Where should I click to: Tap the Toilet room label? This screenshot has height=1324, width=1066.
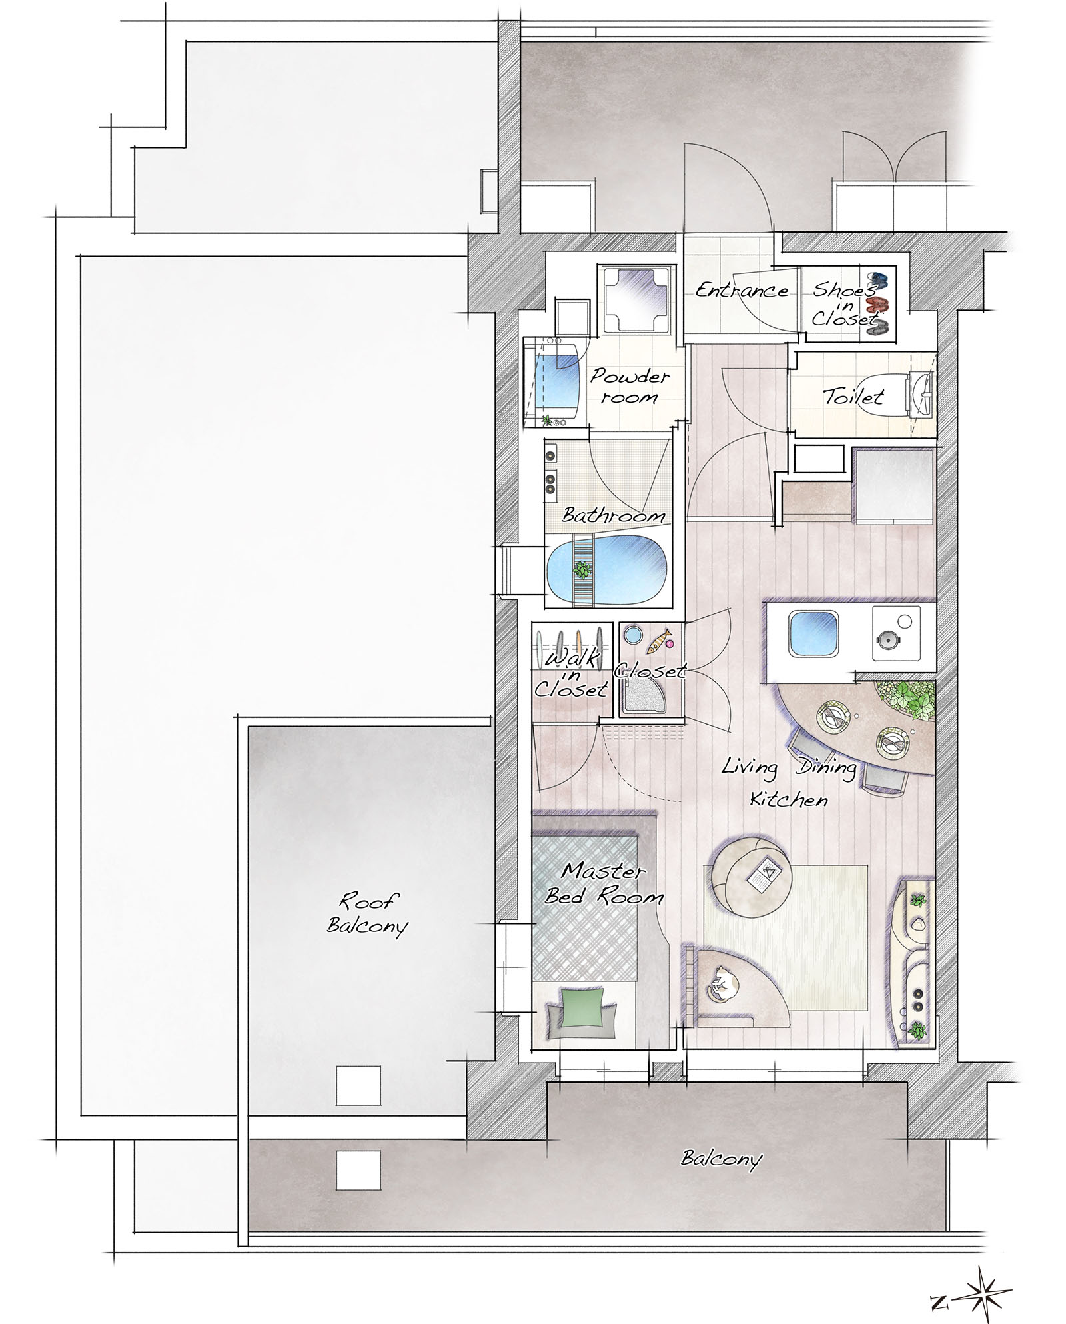[x=853, y=397]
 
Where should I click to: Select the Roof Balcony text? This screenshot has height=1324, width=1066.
[x=367, y=914]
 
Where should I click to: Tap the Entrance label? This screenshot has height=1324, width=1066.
[x=742, y=290]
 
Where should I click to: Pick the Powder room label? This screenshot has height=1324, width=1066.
[x=629, y=386]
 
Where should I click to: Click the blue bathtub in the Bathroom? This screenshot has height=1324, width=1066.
[x=607, y=571]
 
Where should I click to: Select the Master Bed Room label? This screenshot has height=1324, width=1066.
[x=604, y=883]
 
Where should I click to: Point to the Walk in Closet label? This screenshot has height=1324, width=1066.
[x=571, y=673]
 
